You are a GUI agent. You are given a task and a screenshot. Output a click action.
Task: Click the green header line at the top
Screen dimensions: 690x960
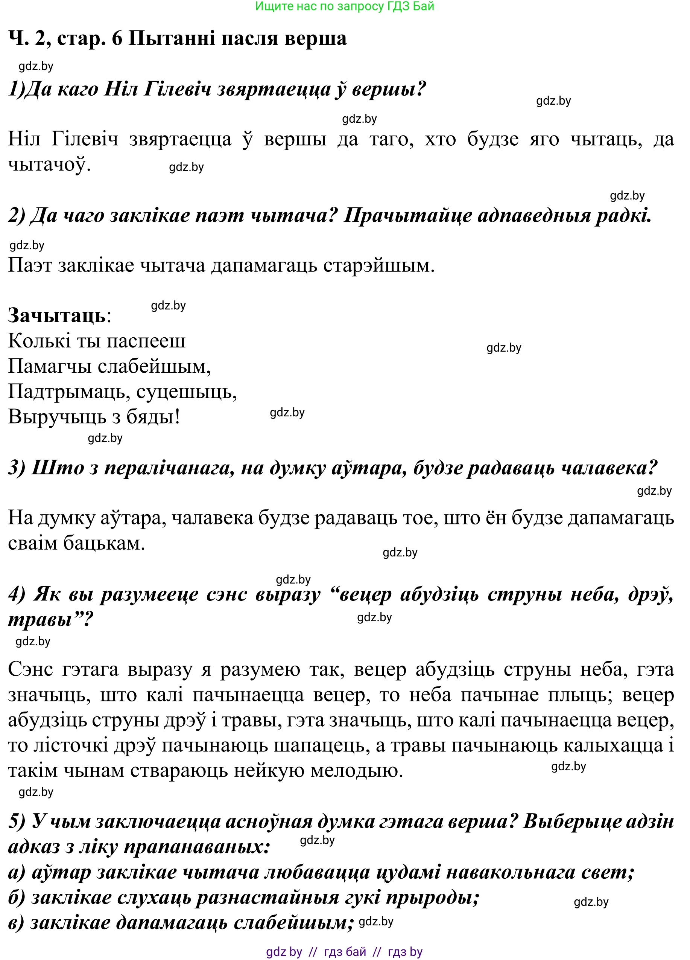[x=345, y=6]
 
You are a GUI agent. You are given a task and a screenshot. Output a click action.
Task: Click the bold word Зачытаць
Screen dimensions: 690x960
[x=57, y=315]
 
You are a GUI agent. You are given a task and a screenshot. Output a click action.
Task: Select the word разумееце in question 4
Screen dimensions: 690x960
[x=149, y=594]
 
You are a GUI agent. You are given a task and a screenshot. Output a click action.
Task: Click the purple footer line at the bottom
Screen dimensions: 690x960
[x=344, y=952]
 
